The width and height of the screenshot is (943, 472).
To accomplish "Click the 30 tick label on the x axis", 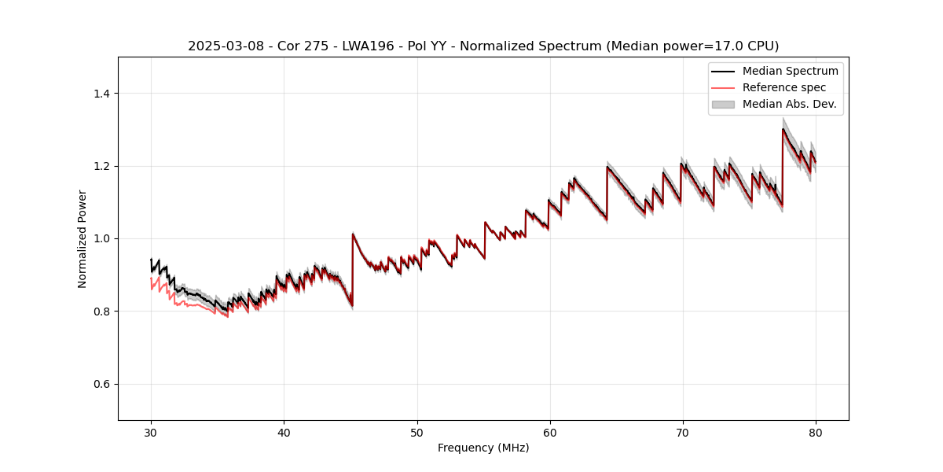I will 151,433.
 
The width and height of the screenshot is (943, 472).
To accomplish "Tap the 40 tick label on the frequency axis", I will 284,433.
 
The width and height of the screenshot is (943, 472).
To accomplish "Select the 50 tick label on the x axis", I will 416,433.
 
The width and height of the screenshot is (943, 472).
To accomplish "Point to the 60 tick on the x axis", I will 549,433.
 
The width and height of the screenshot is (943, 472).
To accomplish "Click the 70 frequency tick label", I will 682,433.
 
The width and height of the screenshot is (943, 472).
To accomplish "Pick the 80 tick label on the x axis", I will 815,433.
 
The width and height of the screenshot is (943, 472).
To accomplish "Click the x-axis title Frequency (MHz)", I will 483,448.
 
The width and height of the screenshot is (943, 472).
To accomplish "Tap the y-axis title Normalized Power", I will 82,238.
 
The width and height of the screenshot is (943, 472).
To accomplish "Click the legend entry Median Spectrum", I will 790,71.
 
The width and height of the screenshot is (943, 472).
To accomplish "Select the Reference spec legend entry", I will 784,87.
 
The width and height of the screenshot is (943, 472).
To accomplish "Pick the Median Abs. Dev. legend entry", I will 789,104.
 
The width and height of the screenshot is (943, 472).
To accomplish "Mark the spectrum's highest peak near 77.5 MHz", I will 783,129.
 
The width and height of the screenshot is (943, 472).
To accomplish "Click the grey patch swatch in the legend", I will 723,104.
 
